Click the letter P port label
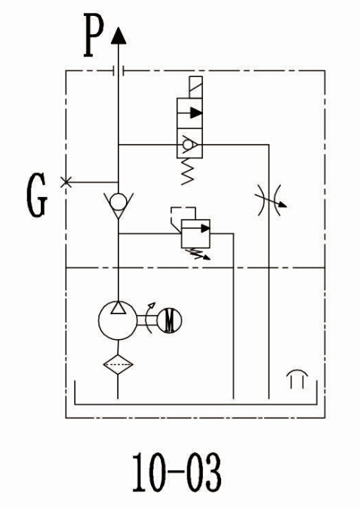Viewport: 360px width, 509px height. coord(94,35)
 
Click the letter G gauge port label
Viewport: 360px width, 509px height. coord(37,195)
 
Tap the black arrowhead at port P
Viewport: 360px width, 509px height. coord(118,35)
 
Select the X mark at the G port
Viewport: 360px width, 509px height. coord(66,182)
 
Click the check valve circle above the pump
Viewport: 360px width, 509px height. coord(118,202)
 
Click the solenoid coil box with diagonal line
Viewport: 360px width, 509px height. coord(195,87)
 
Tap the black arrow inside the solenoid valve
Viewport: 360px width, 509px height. coord(196,113)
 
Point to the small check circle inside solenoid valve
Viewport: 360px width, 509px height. coord(187,144)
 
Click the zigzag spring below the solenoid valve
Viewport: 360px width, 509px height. coord(188,171)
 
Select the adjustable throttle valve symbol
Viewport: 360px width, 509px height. coord(269,200)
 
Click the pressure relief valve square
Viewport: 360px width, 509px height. coord(195,233)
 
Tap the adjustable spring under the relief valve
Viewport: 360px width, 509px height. coord(198,254)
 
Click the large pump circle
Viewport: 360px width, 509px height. coord(118,320)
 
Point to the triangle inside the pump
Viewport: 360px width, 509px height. coord(118,307)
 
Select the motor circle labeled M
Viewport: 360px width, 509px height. coord(169,320)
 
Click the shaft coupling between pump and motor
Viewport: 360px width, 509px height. coord(147,320)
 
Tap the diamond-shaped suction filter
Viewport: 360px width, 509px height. coord(118,364)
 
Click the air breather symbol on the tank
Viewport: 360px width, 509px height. coord(297,379)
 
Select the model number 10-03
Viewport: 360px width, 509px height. coord(177,472)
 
